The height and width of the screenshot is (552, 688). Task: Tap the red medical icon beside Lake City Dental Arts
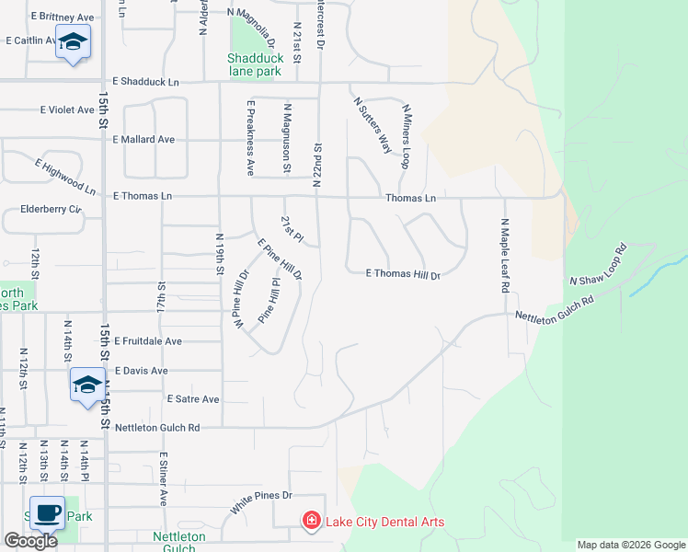tap(312, 523)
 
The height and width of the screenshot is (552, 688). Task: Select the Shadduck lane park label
tap(254, 63)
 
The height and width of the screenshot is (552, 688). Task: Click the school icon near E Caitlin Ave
tap(73, 41)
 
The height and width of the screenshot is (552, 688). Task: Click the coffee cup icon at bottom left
tap(47, 512)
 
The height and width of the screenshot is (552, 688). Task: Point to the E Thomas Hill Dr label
tap(404, 274)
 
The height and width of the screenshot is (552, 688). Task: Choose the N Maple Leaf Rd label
tap(505, 255)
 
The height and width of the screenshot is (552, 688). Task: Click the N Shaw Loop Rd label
tap(598, 266)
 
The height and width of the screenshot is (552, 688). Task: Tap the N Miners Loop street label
tap(405, 136)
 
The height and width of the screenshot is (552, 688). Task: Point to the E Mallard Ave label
tap(143, 140)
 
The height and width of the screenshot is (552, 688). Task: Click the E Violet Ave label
tap(67, 109)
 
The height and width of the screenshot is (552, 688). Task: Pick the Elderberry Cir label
tap(51, 210)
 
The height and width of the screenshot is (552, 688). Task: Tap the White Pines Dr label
tap(260, 502)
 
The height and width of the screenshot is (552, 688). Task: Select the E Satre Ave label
tap(193, 399)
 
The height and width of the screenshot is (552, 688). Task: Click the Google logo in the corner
tap(30, 541)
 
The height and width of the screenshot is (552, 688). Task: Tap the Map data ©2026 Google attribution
tap(631, 545)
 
